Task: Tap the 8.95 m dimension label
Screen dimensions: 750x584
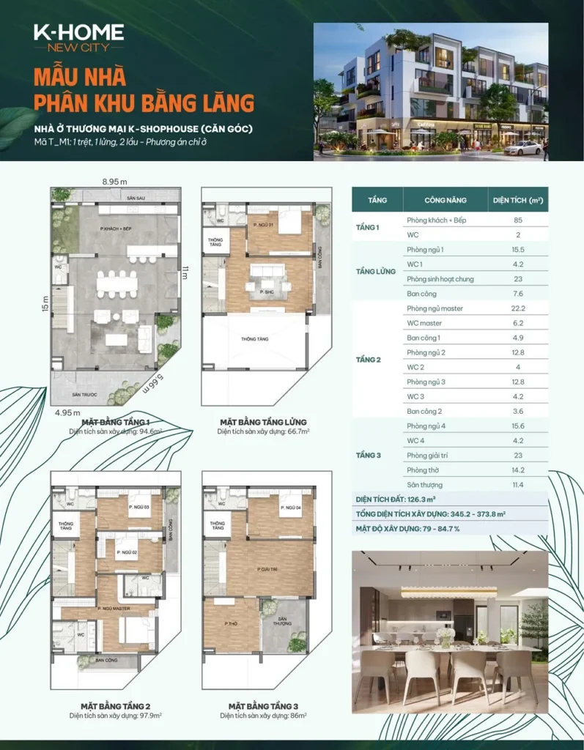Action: (x=114, y=181)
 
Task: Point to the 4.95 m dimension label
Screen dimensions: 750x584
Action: (x=67, y=412)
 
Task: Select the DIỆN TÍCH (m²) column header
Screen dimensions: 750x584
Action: (x=517, y=200)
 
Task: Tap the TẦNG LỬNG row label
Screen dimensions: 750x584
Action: (x=375, y=271)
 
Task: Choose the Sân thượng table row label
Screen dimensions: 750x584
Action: (x=424, y=485)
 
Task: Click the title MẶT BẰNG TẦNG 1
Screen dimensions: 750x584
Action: (x=116, y=423)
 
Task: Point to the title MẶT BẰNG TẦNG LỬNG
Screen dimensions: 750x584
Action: (x=263, y=423)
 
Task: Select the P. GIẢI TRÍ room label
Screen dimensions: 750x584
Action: (x=269, y=568)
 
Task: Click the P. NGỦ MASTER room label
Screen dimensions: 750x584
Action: (x=114, y=608)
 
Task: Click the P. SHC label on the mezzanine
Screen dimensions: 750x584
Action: (x=266, y=292)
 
